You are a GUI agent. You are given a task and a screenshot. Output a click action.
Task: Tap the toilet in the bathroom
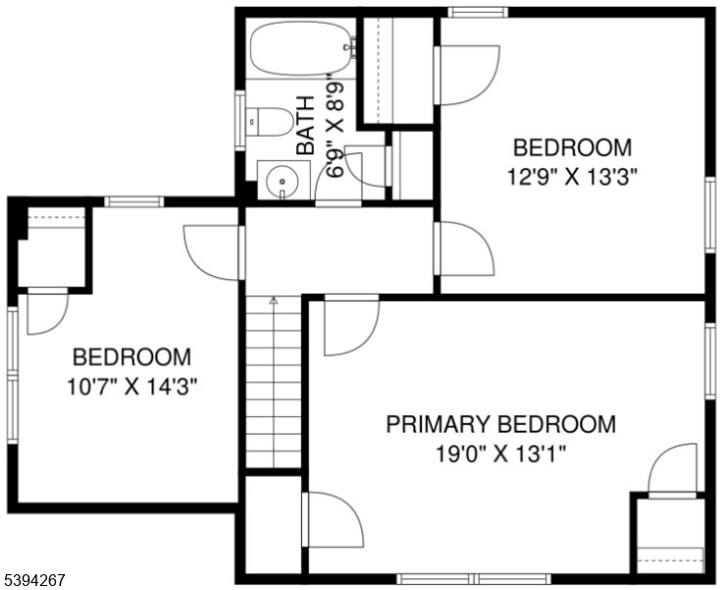(x=271, y=122)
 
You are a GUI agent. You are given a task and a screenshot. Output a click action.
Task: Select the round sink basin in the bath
(x=280, y=182)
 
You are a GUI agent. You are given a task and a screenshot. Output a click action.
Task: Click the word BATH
(x=307, y=126)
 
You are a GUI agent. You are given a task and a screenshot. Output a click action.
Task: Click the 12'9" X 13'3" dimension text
(x=572, y=177)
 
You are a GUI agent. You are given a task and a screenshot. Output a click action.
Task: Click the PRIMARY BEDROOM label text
(x=501, y=425)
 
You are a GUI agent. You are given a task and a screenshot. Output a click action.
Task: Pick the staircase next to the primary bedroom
(x=273, y=383)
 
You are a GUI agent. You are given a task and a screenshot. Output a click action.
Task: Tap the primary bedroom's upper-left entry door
(x=349, y=326)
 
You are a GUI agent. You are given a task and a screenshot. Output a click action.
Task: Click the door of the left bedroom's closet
(x=45, y=313)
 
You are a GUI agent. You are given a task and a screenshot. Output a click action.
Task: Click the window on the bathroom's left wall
(x=239, y=120)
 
